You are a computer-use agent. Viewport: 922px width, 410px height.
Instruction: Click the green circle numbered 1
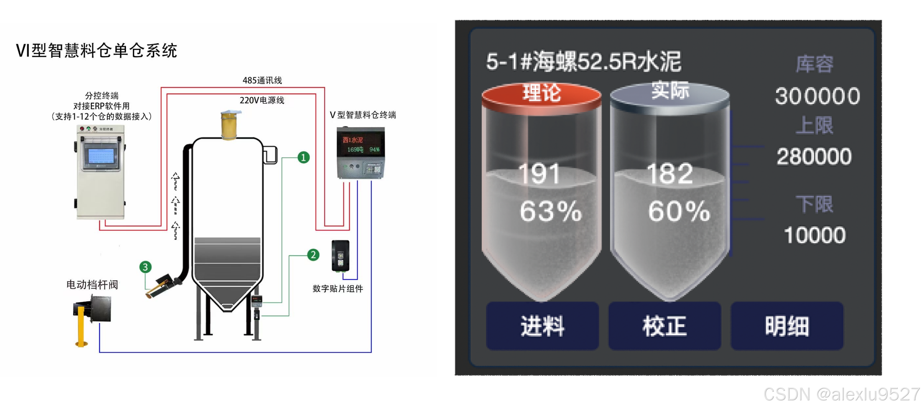tap(303, 157)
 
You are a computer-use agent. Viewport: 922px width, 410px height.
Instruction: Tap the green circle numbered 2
tap(313, 255)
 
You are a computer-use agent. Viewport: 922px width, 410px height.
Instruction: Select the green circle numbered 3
tap(145, 267)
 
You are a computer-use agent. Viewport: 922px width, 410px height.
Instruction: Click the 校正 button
tap(664, 326)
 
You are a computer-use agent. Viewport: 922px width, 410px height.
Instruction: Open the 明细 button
tap(787, 326)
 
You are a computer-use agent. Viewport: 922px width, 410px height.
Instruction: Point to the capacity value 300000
tap(818, 96)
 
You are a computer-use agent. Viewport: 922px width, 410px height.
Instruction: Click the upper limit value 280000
tap(814, 156)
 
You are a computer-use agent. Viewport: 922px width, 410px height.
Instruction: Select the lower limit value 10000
tap(815, 235)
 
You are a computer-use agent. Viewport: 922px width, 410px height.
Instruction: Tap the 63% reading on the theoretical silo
tap(550, 211)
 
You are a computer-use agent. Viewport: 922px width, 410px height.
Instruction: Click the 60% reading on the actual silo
tap(679, 211)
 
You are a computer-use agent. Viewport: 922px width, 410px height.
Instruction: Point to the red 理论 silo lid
tap(541, 95)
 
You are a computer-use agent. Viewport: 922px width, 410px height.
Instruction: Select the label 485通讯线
tap(262, 81)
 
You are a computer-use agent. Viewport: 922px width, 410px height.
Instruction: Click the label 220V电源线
tap(262, 100)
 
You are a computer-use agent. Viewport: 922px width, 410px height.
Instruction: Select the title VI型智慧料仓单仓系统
tap(97, 50)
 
